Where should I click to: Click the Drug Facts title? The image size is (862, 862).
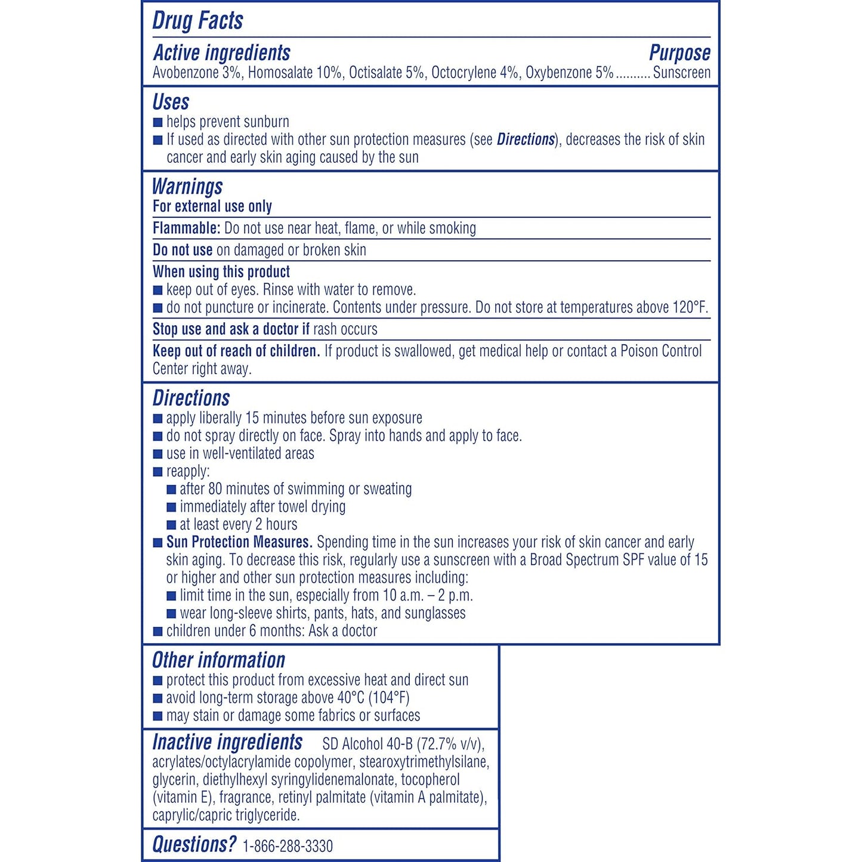(197, 20)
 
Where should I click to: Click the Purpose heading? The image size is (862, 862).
(679, 53)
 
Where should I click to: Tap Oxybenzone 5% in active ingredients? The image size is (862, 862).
(569, 73)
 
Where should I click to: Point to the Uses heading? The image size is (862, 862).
(171, 102)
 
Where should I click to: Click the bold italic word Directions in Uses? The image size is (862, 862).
(526, 140)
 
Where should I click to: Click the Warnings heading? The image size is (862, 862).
(187, 187)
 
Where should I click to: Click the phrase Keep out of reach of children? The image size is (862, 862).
(236, 351)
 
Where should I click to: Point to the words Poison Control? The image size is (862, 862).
(661, 351)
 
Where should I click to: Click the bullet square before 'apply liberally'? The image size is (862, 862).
(158, 419)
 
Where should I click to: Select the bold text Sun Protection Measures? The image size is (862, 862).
(239, 542)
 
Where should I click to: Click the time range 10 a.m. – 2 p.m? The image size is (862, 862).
(428, 595)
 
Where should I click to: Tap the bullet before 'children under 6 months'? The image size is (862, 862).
(158, 632)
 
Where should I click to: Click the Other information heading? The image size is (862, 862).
(218, 660)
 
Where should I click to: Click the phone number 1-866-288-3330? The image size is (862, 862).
(288, 846)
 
